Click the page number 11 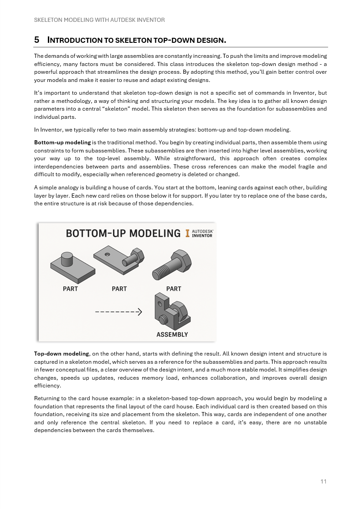tap(324, 482)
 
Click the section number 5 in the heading tap(36, 40)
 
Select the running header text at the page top tap(99, 20)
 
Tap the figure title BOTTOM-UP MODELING tap(123, 234)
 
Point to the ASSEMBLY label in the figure tap(172, 335)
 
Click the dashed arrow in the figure tap(118, 312)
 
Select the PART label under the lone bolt tap(174, 289)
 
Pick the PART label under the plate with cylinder tap(70, 289)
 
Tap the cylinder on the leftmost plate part tap(67, 259)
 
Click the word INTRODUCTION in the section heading tap(75, 40)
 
